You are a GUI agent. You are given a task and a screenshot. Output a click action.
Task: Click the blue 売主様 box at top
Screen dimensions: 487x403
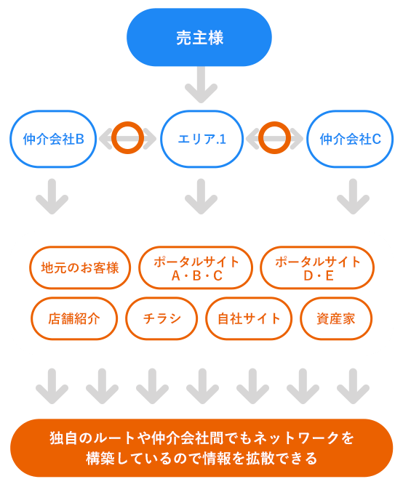pyautogui.click(x=199, y=38)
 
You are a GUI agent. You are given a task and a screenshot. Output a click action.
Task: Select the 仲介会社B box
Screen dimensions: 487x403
pyautogui.click(x=54, y=138)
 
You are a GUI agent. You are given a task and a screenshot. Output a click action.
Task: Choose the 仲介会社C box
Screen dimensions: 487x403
pyautogui.click(x=350, y=138)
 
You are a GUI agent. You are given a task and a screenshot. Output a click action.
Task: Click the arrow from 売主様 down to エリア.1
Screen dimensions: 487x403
pyautogui.click(x=200, y=86)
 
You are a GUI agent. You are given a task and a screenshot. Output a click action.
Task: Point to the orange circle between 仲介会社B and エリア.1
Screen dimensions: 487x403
pyautogui.click(x=127, y=137)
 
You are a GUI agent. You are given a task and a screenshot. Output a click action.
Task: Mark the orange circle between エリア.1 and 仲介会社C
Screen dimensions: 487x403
pyautogui.click(x=275, y=137)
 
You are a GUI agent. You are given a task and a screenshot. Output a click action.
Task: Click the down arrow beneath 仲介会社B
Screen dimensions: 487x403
pyautogui.click(x=52, y=196)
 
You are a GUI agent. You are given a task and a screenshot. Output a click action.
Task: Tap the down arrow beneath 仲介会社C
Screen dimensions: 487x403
pyautogui.click(x=353, y=196)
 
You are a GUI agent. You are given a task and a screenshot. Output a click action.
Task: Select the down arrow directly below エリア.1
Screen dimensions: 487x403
pyautogui.click(x=201, y=196)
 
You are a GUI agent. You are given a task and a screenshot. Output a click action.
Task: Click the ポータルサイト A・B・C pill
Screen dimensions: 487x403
pyautogui.click(x=196, y=268)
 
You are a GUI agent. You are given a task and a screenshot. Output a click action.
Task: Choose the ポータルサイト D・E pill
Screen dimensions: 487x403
pyautogui.click(x=317, y=268)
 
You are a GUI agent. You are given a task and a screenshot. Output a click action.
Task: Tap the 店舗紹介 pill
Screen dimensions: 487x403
pyautogui.click(x=73, y=318)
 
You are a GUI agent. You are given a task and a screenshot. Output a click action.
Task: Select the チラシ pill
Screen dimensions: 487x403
pyautogui.click(x=161, y=318)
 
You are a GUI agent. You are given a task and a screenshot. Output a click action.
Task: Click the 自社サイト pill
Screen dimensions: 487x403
pyautogui.click(x=249, y=318)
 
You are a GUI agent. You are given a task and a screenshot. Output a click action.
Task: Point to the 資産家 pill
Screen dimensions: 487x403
pyautogui.click(x=336, y=318)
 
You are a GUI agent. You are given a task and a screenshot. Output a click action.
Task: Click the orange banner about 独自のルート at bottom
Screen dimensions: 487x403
pyautogui.click(x=201, y=448)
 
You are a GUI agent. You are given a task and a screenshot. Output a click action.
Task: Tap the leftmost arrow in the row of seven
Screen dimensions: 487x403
pyautogui.click(x=52, y=385)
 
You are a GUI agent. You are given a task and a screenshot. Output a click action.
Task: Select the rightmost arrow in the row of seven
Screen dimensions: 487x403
pyautogui.click(x=353, y=385)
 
